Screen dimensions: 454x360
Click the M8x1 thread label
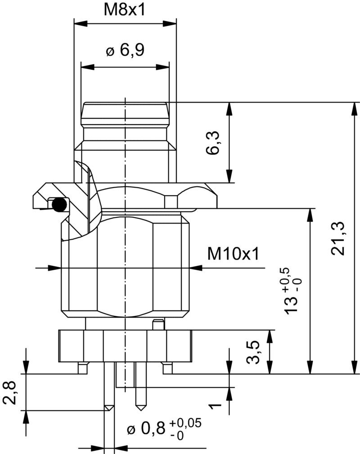(x=125, y=10)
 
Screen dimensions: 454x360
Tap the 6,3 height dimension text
(x=213, y=143)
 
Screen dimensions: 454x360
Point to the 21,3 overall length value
(x=338, y=238)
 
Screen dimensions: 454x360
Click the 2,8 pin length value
(x=10, y=392)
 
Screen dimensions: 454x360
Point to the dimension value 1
(x=216, y=406)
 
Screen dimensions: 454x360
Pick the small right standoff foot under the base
(x=167, y=369)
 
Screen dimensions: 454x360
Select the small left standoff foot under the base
(x=82, y=369)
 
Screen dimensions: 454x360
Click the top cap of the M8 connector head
(x=125, y=109)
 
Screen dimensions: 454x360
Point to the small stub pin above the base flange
(x=157, y=324)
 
